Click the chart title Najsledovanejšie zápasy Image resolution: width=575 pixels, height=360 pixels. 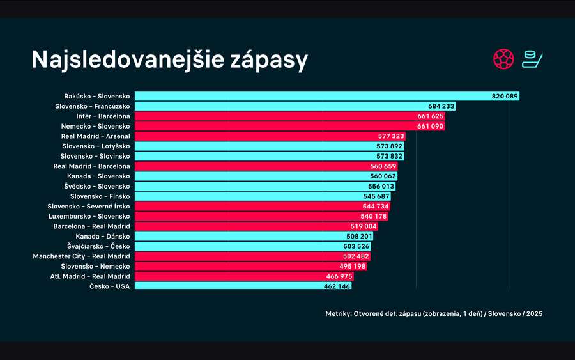(169, 59)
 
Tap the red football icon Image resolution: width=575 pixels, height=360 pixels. (503, 59)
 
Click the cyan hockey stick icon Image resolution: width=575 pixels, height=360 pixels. (532, 59)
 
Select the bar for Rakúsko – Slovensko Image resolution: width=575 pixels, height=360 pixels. (307, 96)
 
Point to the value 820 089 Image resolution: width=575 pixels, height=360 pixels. (505, 96)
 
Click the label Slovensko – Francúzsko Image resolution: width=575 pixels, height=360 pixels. (93, 106)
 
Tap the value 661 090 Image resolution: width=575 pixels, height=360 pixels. (430, 127)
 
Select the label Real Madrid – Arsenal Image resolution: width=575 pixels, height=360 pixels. (95, 136)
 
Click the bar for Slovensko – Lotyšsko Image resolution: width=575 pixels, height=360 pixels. (256, 146)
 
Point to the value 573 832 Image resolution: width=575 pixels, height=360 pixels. (389, 156)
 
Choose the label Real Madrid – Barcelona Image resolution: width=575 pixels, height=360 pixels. (91, 166)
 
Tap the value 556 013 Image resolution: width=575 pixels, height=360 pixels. (381, 186)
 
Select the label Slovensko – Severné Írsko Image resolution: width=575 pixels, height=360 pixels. (89, 207)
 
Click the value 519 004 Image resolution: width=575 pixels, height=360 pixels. (363, 226)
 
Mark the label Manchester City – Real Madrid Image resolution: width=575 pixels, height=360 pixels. (82, 256)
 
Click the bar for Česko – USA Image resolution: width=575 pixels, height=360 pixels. (224, 286)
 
